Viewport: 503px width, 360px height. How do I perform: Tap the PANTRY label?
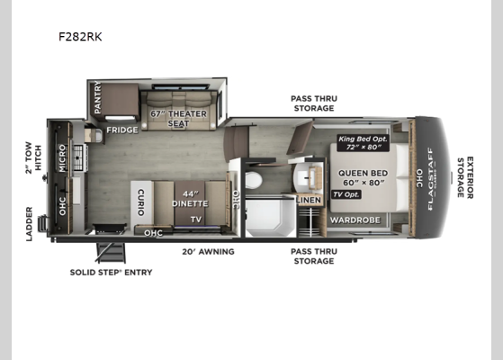point(97,99)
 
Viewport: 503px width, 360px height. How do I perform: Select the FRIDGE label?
point(121,130)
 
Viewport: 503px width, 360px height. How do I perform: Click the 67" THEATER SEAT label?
point(178,118)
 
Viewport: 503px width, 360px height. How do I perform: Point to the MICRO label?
point(62,157)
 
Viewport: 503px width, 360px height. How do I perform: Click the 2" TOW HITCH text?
point(33,156)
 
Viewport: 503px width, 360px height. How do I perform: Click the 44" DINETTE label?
point(190,199)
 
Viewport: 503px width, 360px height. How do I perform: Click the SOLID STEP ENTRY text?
point(112,272)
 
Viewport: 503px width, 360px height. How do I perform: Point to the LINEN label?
point(308,200)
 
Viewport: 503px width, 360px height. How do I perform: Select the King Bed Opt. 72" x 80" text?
point(359,142)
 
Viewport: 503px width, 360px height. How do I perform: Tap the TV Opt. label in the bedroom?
point(346,195)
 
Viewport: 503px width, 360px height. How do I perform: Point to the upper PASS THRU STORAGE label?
point(313,103)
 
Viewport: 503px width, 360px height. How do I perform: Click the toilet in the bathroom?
point(253,180)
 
